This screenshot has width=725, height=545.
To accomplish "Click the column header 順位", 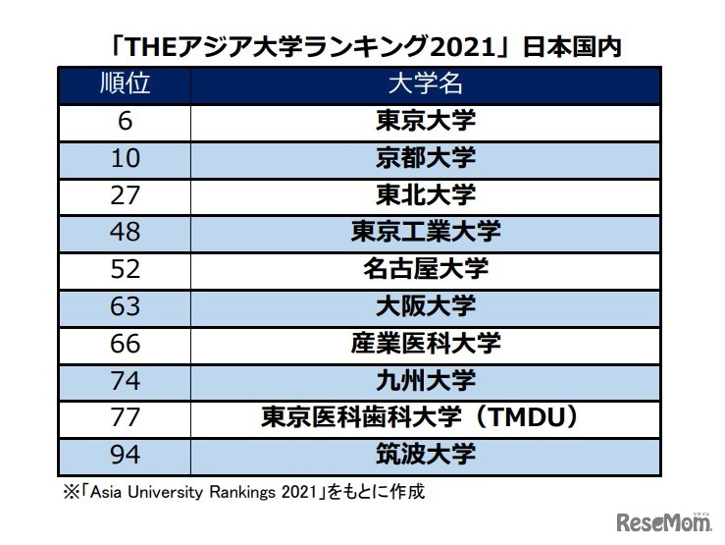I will pos(125,83).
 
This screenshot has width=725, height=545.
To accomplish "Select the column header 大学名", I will pos(425,83).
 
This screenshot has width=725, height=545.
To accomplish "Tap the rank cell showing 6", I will pos(125,121).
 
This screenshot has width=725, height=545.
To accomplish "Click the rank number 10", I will pos(125,158).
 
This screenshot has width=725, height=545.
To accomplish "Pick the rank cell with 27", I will pos(125,194).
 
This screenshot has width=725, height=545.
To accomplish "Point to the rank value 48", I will pos(125,232).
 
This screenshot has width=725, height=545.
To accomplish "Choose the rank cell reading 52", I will pos(125,269).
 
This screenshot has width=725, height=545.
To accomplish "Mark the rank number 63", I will pos(125,306).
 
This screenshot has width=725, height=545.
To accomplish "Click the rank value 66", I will pos(125,344).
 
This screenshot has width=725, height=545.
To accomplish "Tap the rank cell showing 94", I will pos(125,455).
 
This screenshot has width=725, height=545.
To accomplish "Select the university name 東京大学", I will pos(425,121).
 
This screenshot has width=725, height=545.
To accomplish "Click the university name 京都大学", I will pos(425,158).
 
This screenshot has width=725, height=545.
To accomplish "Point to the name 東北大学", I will pos(425,194).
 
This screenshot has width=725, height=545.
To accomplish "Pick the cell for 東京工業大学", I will pos(425,232).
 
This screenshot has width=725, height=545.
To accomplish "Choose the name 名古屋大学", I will pos(425,269).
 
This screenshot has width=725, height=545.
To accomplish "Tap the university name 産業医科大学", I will pos(425,344).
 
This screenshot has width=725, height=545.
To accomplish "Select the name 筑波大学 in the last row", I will pos(425,455).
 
